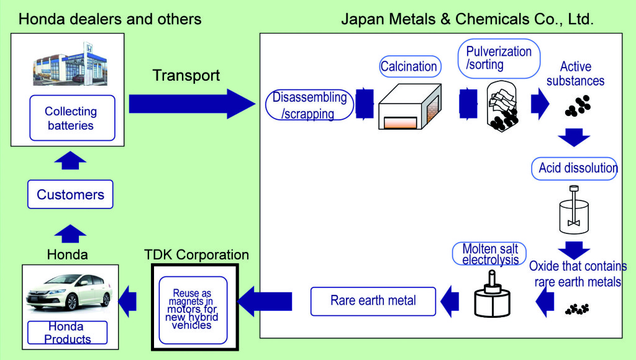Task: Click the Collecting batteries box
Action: pos(72,118)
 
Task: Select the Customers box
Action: pos(70,194)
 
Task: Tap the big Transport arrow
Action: pos(192,104)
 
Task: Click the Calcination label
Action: pos(410,66)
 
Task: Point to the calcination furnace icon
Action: pos(410,107)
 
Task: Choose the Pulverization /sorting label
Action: pos(499,58)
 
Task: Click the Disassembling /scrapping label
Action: pos(309,105)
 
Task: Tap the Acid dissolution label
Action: pos(575,168)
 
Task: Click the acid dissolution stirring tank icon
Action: pos(573,210)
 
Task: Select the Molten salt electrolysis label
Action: pos(489,254)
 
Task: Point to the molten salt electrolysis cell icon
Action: pos(492,294)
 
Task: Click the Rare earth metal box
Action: pos(373,301)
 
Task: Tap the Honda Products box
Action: pos(67,333)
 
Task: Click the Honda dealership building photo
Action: pos(70,64)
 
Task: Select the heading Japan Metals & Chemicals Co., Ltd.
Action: pos(467,19)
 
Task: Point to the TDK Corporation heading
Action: pos(197,254)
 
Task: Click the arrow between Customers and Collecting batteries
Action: pos(70,160)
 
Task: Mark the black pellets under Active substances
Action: pos(578,106)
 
